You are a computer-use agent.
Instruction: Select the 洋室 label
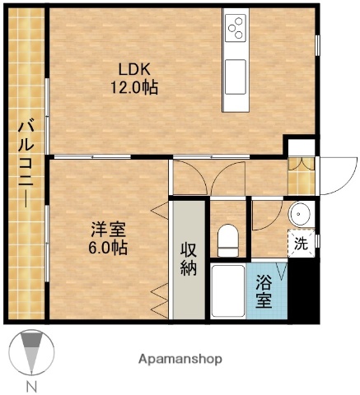pos(109,228)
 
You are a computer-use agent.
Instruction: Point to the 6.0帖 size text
pos(109,245)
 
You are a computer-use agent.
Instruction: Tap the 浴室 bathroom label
pos(264,290)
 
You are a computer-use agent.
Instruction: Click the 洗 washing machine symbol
pos(301,244)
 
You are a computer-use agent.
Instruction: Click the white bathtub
pos(227,290)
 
